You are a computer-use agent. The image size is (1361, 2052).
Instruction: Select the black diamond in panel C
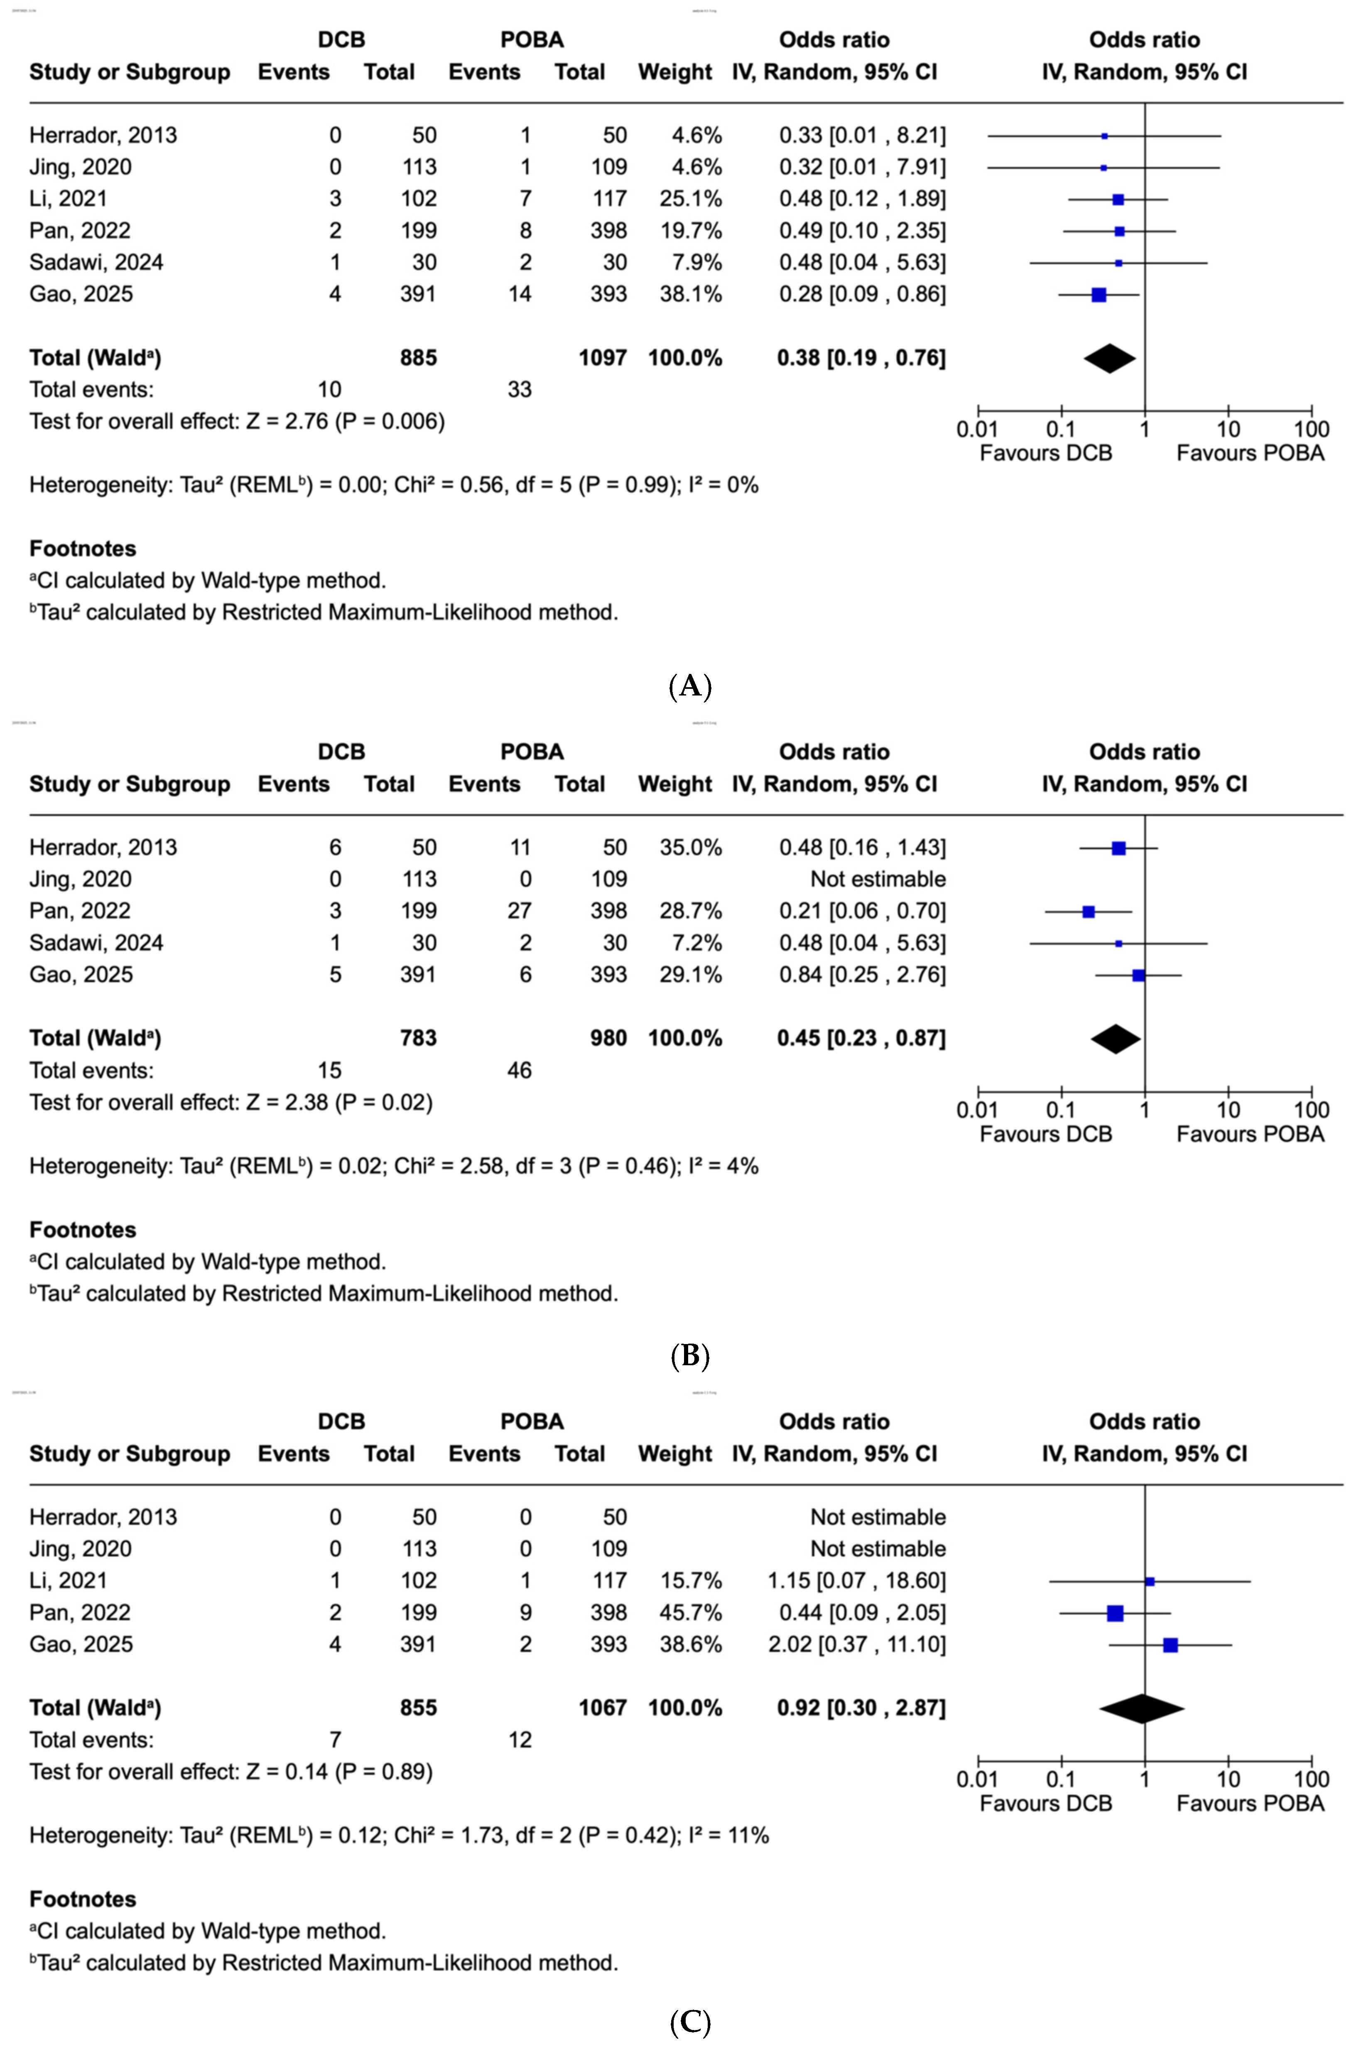tap(1141, 1708)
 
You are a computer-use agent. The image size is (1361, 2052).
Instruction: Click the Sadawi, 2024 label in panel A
tap(96, 262)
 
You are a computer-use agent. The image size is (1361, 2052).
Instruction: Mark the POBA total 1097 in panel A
tap(602, 358)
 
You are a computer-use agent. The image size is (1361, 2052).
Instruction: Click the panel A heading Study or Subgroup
tap(130, 72)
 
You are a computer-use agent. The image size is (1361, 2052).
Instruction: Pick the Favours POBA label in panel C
tap(1250, 1804)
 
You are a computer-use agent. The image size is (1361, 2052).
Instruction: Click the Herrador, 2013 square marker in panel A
tap(1104, 136)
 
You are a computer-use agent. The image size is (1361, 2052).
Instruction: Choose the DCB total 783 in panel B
tap(418, 1039)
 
